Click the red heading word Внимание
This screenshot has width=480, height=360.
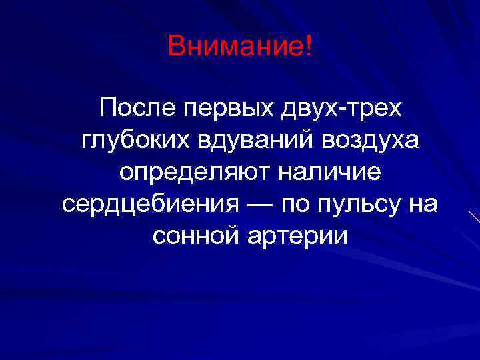pyautogui.click(x=236, y=46)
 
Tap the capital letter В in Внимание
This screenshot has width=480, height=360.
pyautogui.click(x=177, y=46)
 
